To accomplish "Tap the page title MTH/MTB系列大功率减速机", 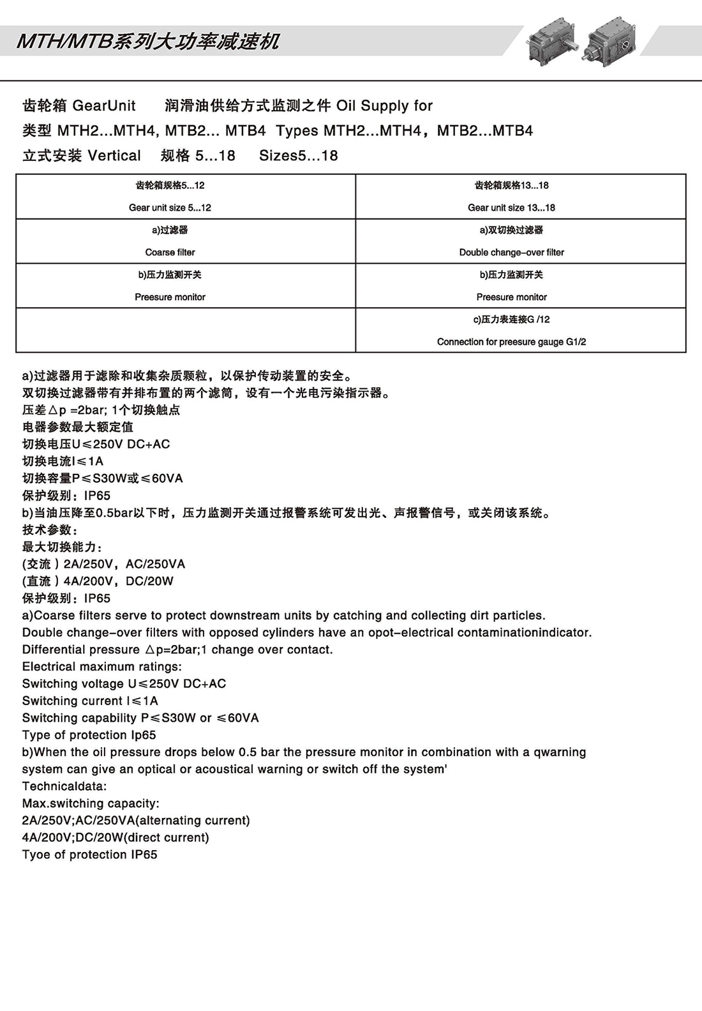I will [148, 42].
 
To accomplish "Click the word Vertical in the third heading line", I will [114, 156].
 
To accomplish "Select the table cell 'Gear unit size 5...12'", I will [170, 208].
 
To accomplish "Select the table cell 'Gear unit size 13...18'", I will [511, 208].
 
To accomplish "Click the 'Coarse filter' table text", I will [170, 252].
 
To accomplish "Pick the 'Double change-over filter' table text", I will [511, 252].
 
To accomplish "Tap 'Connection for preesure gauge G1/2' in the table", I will [511, 342].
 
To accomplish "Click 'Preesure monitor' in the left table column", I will [170, 297].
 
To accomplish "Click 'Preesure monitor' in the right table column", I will [511, 297].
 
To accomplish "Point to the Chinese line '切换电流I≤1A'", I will [63, 461].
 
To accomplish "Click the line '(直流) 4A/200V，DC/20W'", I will [98, 581].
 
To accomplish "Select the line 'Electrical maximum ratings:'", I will [101, 667].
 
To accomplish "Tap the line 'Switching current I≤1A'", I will [90, 701].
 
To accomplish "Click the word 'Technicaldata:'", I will [64, 786].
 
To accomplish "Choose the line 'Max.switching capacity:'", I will [91, 803].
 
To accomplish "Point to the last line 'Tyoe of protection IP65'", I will [89, 855].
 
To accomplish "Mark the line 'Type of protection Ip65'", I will [89, 735].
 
